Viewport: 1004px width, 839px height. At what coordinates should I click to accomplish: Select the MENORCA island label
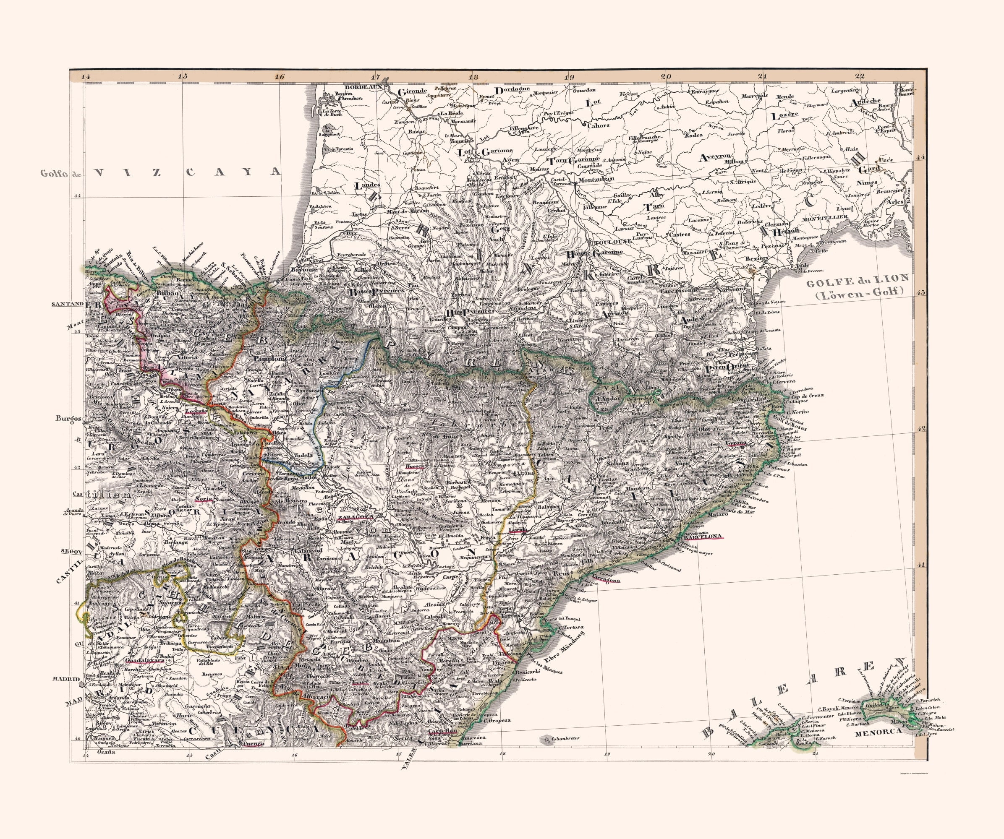point(872,732)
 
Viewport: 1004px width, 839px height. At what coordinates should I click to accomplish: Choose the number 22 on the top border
point(860,76)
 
